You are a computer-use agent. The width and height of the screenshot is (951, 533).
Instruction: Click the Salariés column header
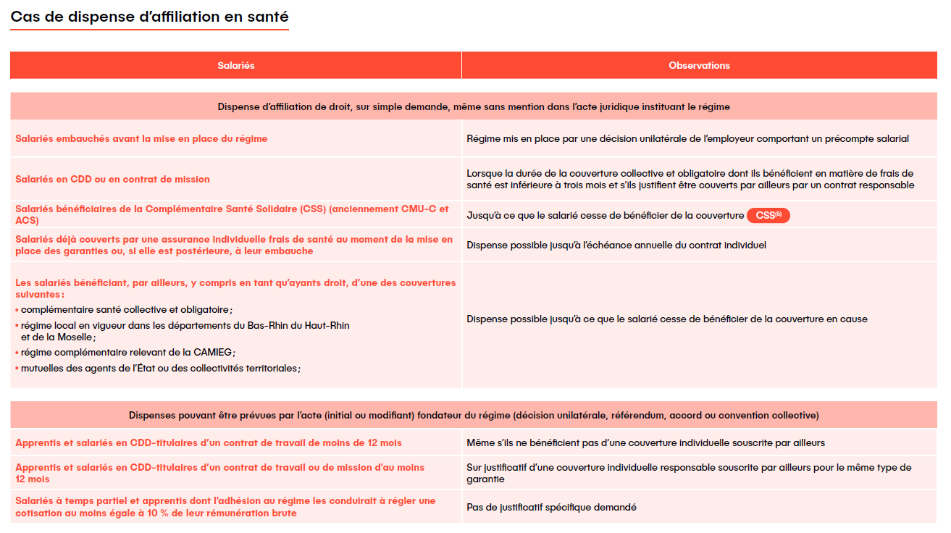pos(236,66)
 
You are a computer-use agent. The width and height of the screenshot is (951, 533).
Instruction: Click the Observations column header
pos(699,66)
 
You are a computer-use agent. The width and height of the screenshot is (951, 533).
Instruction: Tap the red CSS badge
pos(768,215)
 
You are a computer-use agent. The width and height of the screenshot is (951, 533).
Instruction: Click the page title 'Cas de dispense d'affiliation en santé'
pos(149,17)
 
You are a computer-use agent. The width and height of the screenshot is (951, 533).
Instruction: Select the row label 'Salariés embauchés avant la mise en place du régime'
pos(141,139)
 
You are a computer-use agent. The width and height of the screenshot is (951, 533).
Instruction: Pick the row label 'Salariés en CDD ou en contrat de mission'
pos(112,179)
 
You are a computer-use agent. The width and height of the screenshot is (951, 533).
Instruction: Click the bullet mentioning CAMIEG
pos(127,352)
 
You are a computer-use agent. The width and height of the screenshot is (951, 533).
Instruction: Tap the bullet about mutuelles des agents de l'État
pos(160,368)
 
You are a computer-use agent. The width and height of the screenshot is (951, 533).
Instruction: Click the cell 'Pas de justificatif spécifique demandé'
pos(551,508)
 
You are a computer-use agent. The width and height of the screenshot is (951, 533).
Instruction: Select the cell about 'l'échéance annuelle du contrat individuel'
pos(616,245)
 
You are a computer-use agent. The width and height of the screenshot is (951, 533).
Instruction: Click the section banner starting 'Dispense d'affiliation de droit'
pos(474,106)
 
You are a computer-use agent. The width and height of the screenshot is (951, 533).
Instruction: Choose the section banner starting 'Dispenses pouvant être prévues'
pos(474,416)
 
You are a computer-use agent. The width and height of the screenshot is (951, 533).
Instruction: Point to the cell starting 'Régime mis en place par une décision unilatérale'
pos(687,139)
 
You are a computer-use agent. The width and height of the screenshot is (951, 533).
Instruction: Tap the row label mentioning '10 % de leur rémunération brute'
pos(225,507)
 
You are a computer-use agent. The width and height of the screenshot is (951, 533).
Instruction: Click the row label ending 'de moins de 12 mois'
pos(209,442)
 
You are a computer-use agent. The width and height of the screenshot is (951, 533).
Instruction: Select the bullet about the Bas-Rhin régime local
pos(185,331)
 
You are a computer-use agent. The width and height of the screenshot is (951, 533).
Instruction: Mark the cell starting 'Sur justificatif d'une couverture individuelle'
pos(689,473)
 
